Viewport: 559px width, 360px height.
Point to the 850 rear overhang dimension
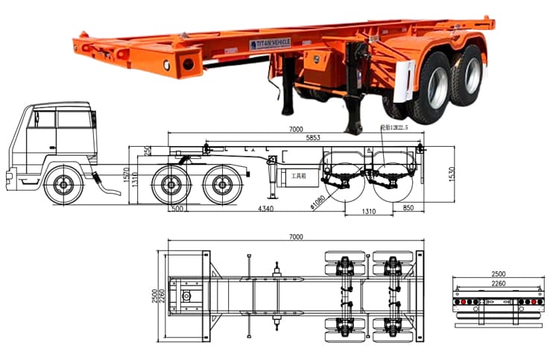pos(408,208)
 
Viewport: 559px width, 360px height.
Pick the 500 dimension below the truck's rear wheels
pos(177,209)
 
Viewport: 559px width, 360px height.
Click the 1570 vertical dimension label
pos(127,175)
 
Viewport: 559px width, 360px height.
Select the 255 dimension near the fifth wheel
pos(148,151)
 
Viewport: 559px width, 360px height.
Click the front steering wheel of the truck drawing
pos(63,183)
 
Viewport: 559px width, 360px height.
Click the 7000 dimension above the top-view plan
pos(296,236)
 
